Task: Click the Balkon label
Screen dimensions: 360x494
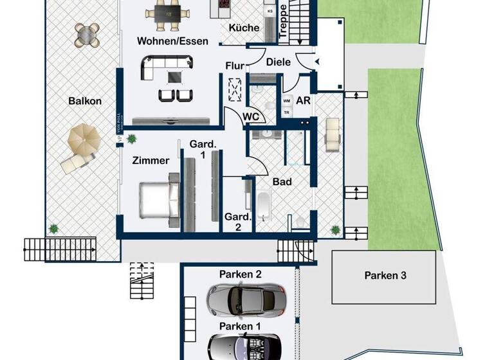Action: (87, 101)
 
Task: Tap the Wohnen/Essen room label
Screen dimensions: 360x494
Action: (172, 41)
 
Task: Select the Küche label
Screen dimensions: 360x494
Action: (244, 28)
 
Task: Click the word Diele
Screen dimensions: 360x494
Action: (279, 62)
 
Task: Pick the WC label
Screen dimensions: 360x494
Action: (251, 117)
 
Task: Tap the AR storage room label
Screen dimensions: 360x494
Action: (303, 101)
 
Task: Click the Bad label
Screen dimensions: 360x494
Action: (282, 182)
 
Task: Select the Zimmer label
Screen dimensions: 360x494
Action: (151, 161)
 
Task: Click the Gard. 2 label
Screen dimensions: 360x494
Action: (236, 222)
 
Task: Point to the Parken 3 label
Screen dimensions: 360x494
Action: (385, 276)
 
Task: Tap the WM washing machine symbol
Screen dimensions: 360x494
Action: (287, 101)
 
